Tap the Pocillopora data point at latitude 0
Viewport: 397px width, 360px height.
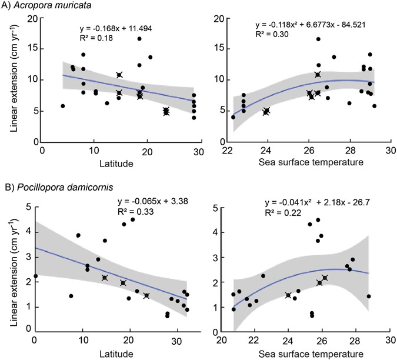(x=35, y=276)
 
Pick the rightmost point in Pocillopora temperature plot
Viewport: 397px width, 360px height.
(x=369, y=296)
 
